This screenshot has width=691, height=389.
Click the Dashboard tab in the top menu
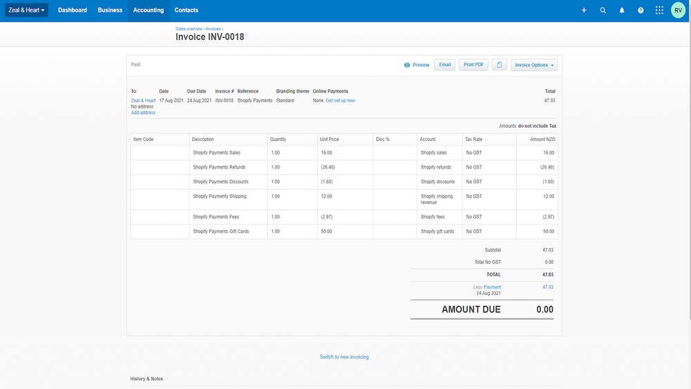click(73, 10)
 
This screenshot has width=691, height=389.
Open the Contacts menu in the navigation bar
click(187, 10)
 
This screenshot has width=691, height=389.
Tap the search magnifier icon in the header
click(603, 10)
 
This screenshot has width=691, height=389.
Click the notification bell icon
click(622, 10)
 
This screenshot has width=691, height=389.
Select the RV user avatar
click(679, 10)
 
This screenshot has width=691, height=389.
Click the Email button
click(445, 65)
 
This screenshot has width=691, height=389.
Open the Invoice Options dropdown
click(534, 65)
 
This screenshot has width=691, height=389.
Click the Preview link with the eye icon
click(417, 65)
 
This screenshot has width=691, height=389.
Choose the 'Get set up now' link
click(341, 101)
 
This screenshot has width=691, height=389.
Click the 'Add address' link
click(143, 113)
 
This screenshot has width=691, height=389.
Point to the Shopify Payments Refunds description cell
click(219, 167)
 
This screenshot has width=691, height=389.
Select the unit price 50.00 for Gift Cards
click(326, 231)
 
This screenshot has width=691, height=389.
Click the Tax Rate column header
click(474, 140)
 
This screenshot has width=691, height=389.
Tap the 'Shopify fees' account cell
click(433, 217)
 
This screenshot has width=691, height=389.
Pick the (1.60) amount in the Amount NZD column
click(547, 182)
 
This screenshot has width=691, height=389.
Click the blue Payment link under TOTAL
click(492, 287)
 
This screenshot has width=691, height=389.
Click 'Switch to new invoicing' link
click(344, 357)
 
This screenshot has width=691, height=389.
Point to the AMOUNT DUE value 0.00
click(545, 310)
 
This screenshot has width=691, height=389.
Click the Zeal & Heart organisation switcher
click(27, 10)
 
